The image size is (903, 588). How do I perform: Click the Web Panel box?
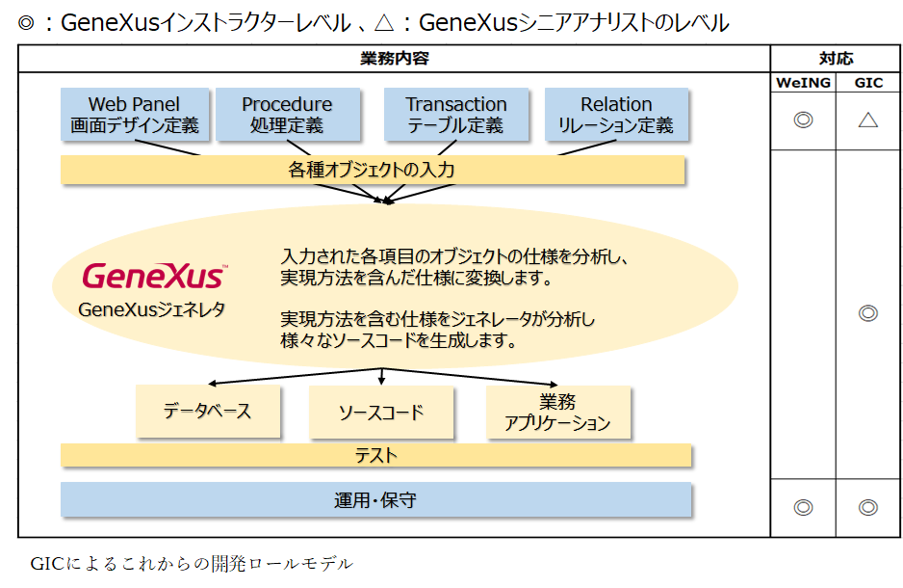click(x=134, y=115)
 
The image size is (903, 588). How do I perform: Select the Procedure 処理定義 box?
click(x=287, y=115)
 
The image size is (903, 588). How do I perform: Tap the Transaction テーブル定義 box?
click(x=455, y=115)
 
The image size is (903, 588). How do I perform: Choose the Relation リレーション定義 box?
click(x=616, y=115)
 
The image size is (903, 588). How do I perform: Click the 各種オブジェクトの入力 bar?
click(x=373, y=171)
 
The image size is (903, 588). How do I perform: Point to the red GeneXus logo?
click(x=154, y=278)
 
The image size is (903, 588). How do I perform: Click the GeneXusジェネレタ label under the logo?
click(x=152, y=310)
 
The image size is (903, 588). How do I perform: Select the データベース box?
click(x=208, y=412)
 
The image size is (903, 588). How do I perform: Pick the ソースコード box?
click(x=381, y=413)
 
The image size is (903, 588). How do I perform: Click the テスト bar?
click(x=375, y=455)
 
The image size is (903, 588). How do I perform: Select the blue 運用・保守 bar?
click(x=375, y=500)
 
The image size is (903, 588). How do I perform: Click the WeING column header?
click(x=803, y=83)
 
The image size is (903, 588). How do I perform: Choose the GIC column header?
click(x=868, y=83)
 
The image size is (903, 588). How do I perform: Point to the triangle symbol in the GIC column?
click(x=868, y=120)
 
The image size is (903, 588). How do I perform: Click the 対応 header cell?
click(x=836, y=59)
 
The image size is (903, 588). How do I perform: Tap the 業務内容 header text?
click(x=395, y=59)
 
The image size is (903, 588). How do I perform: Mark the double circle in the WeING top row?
click(x=803, y=120)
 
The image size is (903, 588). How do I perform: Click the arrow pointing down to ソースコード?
click(x=382, y=377)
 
